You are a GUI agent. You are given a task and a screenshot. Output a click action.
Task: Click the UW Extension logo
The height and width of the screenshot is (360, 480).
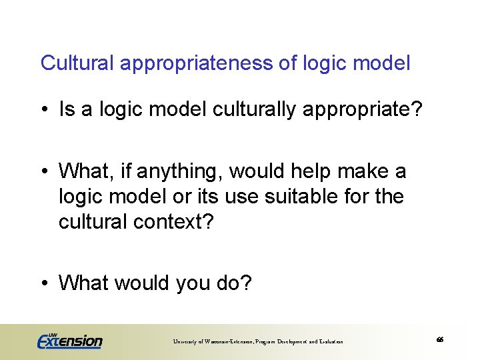coord(70,340)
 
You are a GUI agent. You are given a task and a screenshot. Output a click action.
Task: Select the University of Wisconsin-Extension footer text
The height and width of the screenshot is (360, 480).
coord(258,341)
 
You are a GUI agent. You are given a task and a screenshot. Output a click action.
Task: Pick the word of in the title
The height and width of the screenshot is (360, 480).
coord(288,64)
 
